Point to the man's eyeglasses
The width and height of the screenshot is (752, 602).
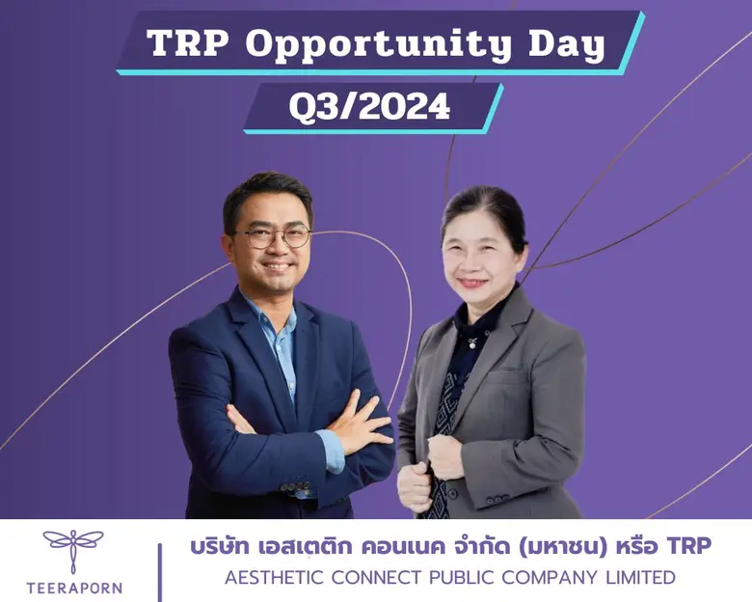click(271, 236)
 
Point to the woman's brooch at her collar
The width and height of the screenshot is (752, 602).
click(471, 341)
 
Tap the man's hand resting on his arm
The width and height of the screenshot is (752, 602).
click(363, 427)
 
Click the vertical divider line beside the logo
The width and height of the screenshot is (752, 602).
click(160, 569)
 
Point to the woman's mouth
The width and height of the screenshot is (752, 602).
click(473, 284)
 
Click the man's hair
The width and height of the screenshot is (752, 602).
click(266, 190)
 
